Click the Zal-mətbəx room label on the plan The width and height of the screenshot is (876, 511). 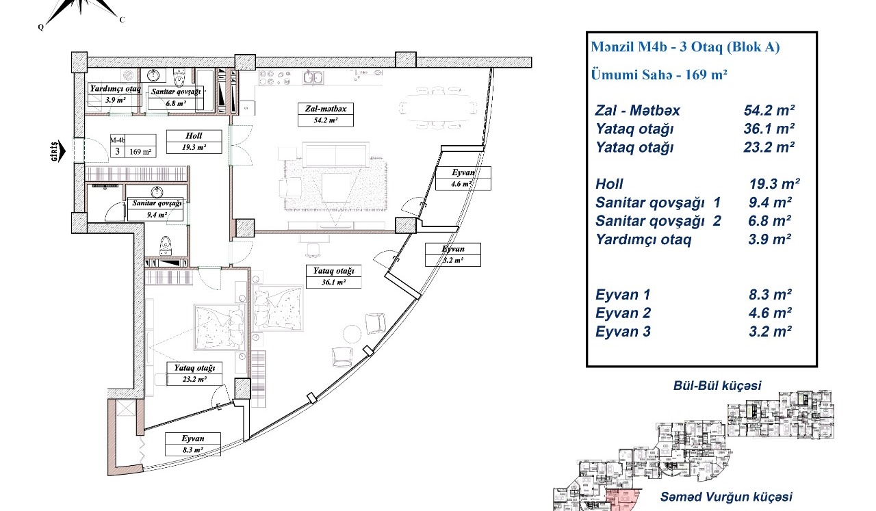coord(325,114)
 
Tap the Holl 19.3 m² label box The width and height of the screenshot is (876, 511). coord(194,142)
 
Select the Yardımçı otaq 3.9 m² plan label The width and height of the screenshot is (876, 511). coord(115,94)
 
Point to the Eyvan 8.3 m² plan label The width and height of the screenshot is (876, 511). coord(193,444)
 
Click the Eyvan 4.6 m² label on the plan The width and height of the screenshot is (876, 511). coord(463,179)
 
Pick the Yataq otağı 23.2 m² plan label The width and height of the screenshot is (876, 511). coord(194,374)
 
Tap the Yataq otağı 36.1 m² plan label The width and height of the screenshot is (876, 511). coord(333,276)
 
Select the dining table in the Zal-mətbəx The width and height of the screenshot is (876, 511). coord(437,107)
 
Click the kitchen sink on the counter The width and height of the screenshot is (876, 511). coord(313,77)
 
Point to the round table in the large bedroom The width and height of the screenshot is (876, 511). coord(352,334)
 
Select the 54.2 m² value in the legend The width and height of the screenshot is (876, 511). coord(769,111)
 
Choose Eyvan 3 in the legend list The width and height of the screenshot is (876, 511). coord(623,332)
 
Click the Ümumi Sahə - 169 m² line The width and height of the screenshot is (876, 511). coord(659,75)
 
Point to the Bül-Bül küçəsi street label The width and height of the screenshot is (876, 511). coord(717,386)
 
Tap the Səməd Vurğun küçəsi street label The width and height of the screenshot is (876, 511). coord(726,497)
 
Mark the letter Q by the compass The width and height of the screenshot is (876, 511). coord(40,27)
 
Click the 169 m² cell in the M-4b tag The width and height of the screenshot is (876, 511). coord(140,152)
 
